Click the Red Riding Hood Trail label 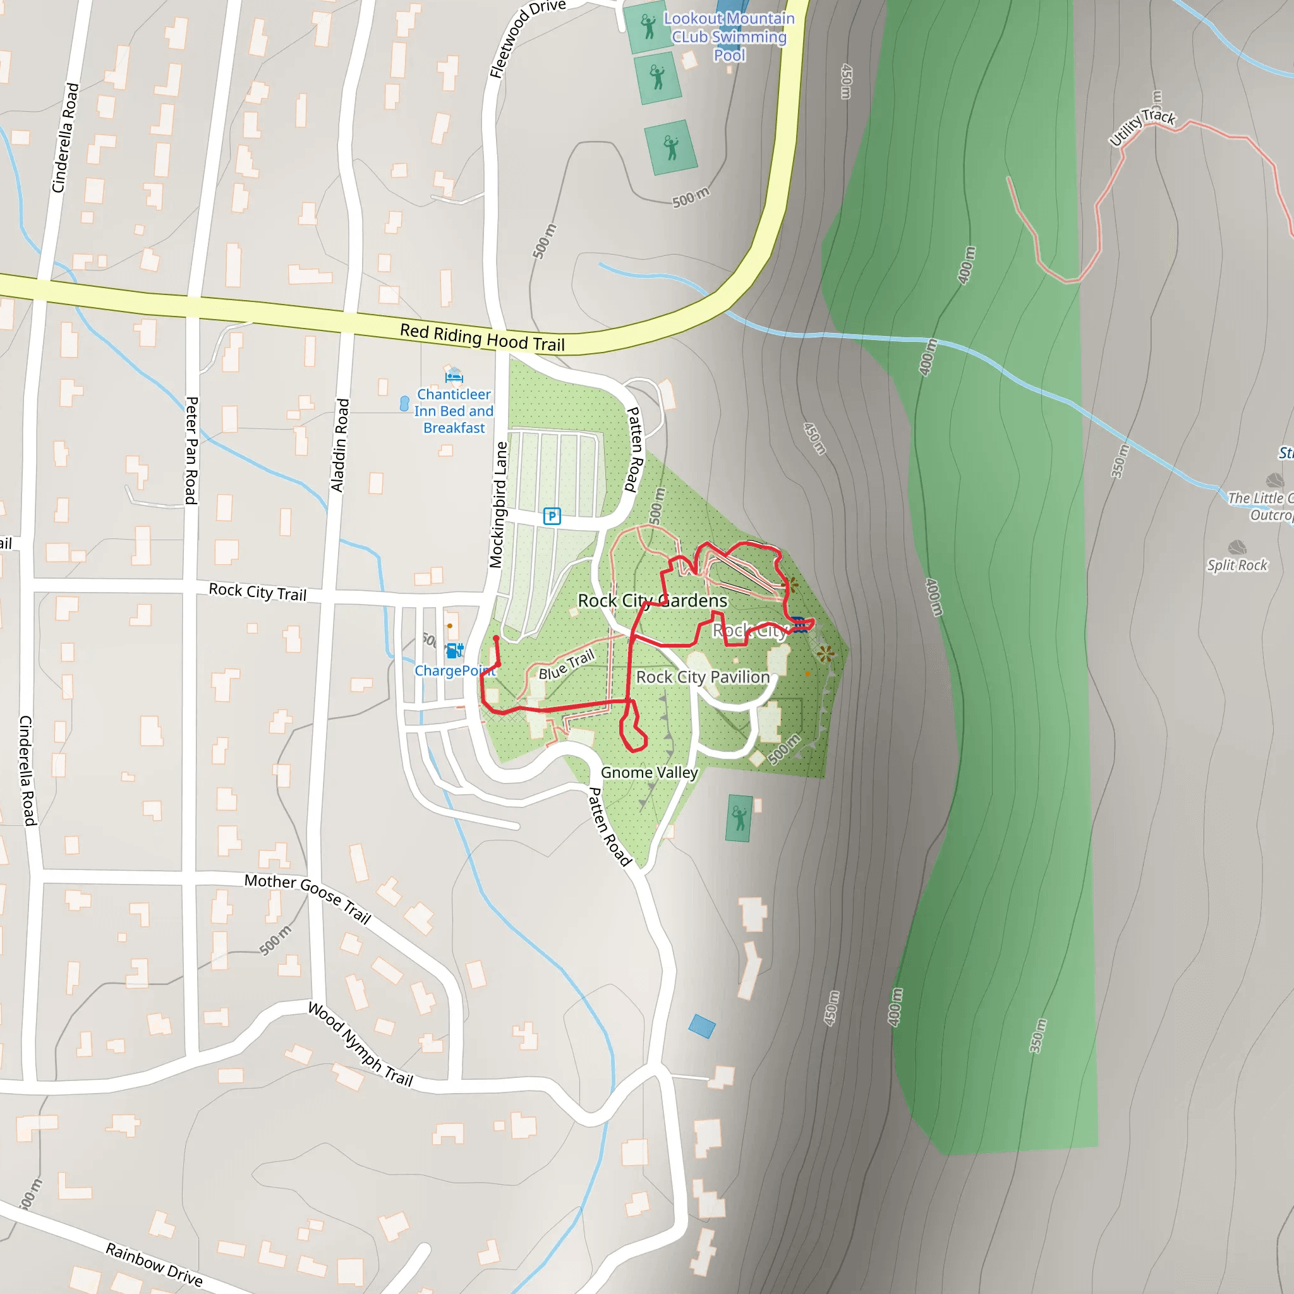(482, 337)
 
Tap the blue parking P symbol (551, 516)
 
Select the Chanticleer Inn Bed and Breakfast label (454, 411)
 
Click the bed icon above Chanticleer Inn (454, 375)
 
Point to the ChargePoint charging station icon (455, 650)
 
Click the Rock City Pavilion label (703, 677)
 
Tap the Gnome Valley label (649, 772)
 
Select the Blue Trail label (567, 665)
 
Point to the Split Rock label (1237, 565)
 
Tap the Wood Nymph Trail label (360, 1044)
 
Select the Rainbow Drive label (154, 1264)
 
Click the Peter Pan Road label (191, 450)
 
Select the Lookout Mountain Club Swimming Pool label (729, 37)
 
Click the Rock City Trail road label (258, 592)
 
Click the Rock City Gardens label (652, 601)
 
